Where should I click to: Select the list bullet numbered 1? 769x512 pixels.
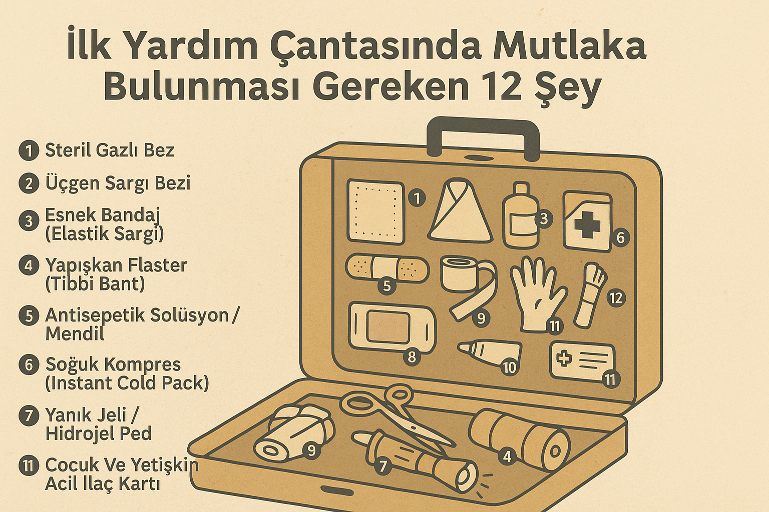tap(29, 150)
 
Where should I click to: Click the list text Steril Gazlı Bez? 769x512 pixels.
tap(110, 150)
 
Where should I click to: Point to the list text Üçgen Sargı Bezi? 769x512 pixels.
tap(118, 183)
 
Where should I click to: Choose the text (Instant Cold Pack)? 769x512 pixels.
tap(127, 383)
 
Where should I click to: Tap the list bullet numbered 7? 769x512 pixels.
tap(29, 416)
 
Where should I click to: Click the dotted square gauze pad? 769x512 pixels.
tap(375, 212)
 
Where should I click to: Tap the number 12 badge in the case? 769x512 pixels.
tap(615, 298)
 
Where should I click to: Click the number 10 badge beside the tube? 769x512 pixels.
tap(509, 367)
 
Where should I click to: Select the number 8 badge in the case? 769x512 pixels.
tap(412, 356)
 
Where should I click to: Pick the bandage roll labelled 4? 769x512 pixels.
tap(521, 440)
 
